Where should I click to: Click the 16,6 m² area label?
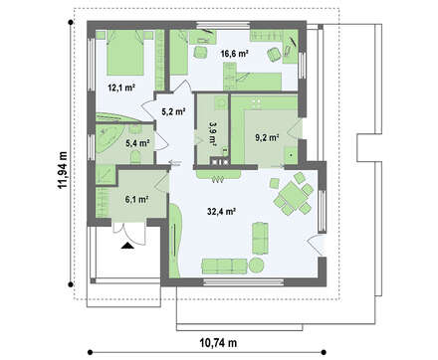[x=235, y=54]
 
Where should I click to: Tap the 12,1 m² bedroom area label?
[x=121, y=88]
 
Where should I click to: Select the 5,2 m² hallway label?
[x=173, y=112]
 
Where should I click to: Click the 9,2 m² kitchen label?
[x=267, y=137]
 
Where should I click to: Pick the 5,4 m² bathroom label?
[x=137, y=143]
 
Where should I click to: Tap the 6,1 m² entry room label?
[x=136, y=199]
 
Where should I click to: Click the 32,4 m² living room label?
[x=222, y=211]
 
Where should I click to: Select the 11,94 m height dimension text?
[x=63, y=170]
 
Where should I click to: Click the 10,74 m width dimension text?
[x=218, y=342]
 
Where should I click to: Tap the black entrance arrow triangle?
[x=127, y=246]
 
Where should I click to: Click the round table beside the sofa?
[x=257, y=266]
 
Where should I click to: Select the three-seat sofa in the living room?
[x=225, y=267]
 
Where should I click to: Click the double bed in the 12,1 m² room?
[x=125, y=53]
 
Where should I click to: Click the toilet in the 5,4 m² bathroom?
[x=135, y=157]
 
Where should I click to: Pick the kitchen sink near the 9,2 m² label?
[x=291, y=155]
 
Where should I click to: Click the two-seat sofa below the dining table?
[x=260, y=239]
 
